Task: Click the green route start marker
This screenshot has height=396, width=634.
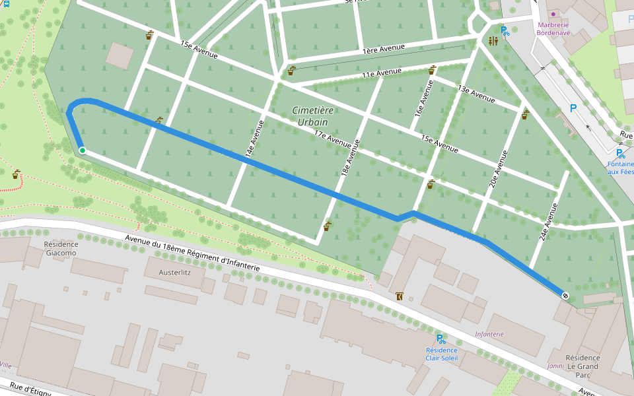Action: (x=82, y=150)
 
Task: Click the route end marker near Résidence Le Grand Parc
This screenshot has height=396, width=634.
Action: (x=565, y=295)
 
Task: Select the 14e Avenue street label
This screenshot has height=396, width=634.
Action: (x=254, y=139)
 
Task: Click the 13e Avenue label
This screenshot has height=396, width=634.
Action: (x=476, y=94)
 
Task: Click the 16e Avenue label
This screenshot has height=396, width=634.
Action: (x=423, y=99)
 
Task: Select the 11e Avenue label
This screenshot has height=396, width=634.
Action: (x=382, y=73)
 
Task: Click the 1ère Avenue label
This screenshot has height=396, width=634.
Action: (x=383, y=48)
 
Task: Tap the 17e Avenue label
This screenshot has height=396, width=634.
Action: (x=332, y=139)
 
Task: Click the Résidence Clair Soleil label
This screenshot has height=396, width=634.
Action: (x=441, y=354)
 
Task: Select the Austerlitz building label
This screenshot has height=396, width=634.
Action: (x=175, y=271)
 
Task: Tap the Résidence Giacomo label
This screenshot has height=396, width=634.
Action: (x=60, y=248)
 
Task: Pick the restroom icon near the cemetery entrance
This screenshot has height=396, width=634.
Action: (x=493, y=41)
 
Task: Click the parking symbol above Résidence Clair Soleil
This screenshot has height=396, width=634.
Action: (x=440, y=339)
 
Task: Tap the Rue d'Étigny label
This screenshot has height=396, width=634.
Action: (x=30, y=389)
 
